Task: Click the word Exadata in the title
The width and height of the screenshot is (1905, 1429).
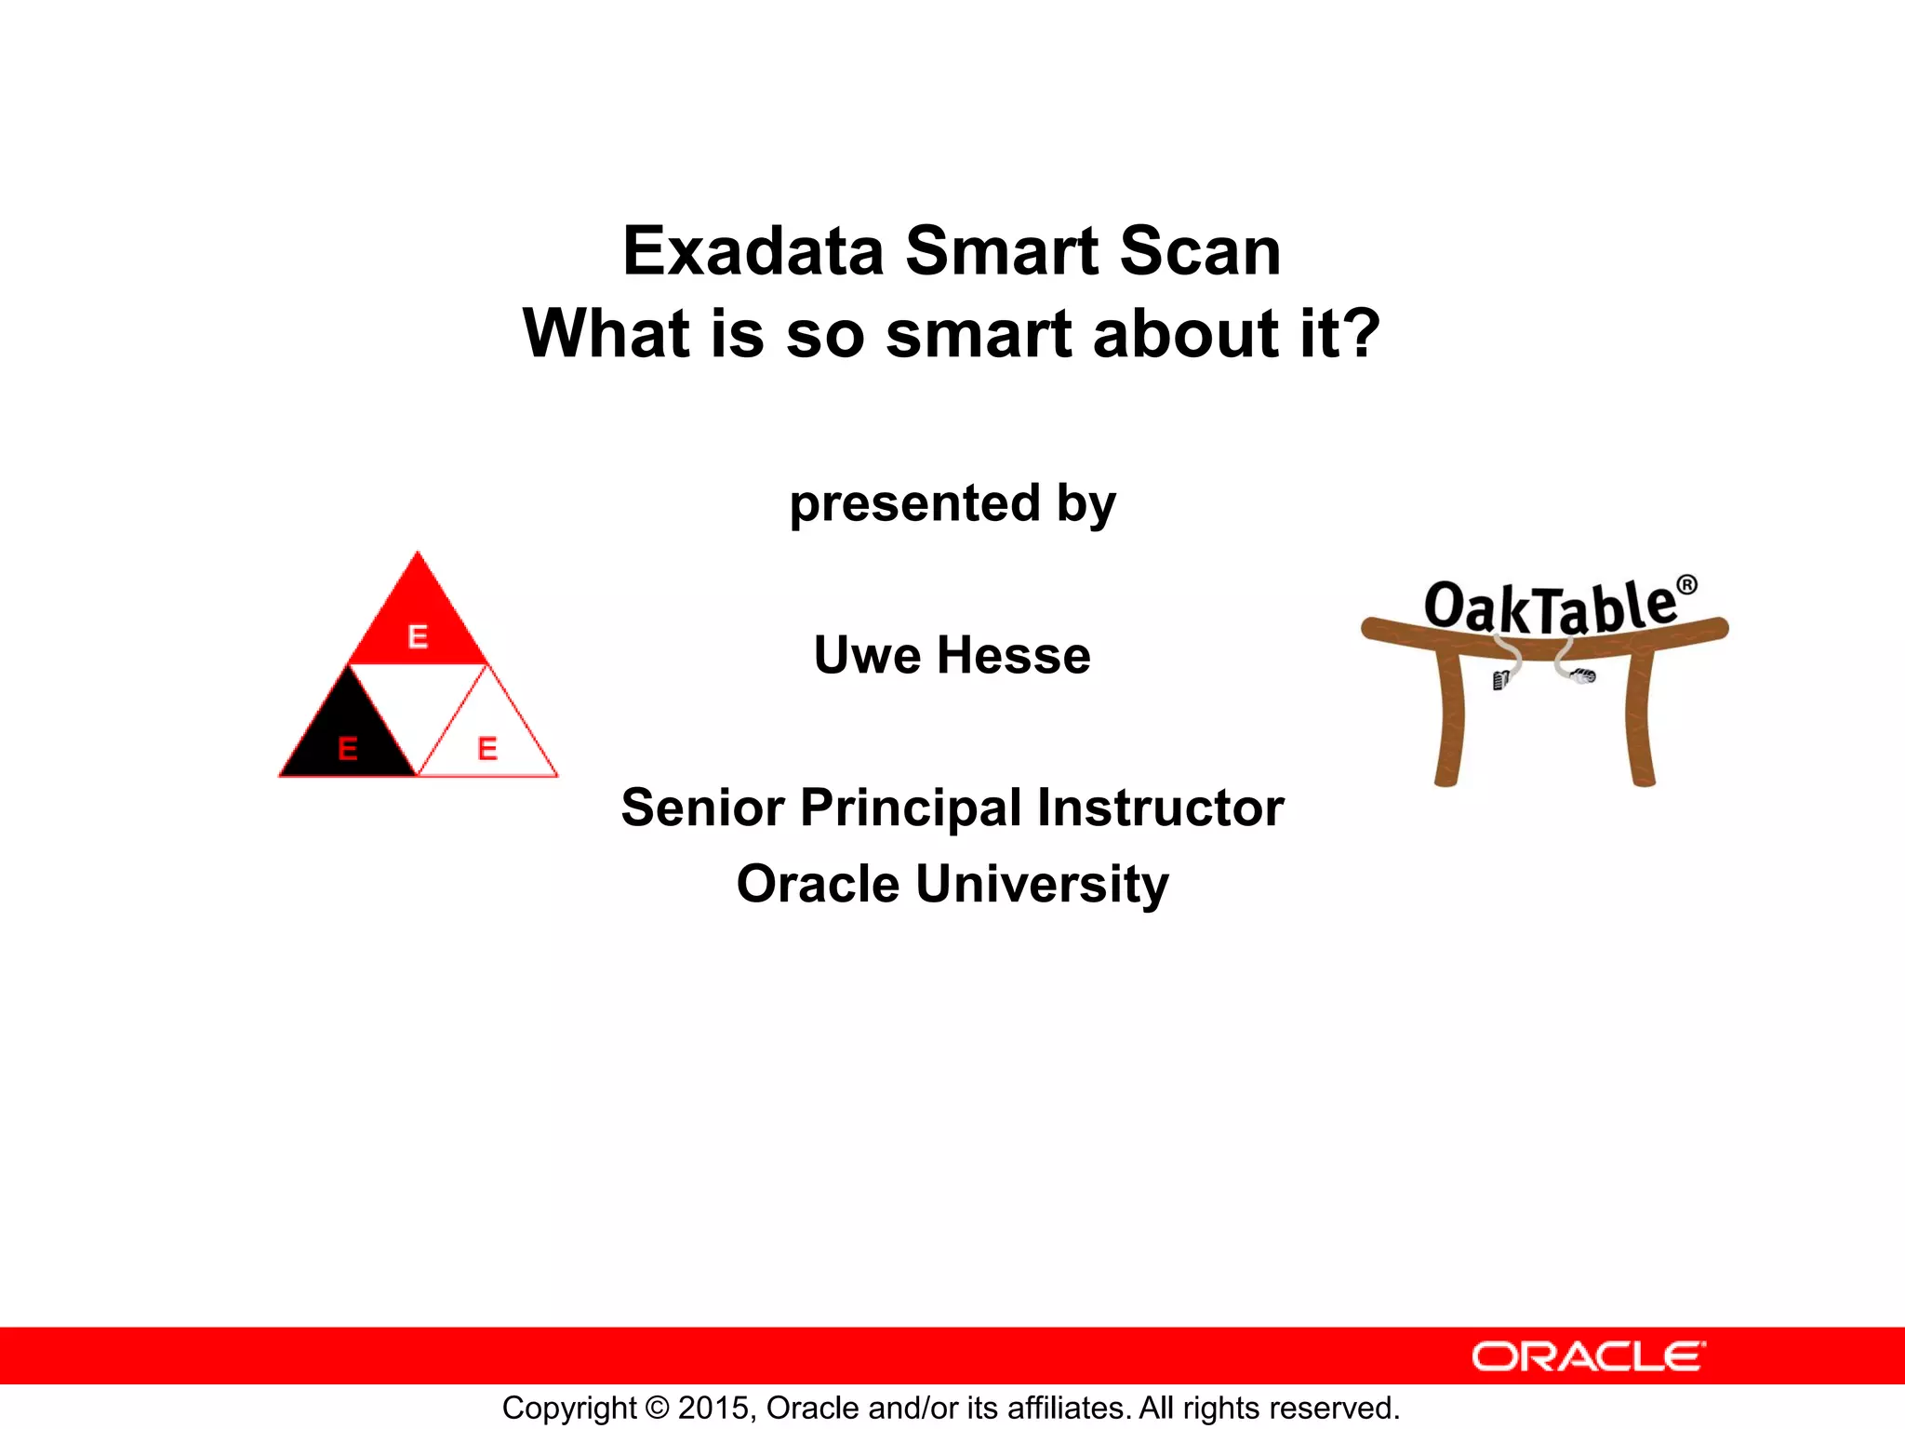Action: (752, 251)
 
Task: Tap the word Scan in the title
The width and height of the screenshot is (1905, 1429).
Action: (1200, 251)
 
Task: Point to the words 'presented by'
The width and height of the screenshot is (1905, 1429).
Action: (952, 503)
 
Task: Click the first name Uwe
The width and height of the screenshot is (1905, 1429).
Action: (867, 655)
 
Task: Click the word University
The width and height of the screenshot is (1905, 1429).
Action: (1043, 884)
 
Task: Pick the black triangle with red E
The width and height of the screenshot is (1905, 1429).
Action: (347, 740)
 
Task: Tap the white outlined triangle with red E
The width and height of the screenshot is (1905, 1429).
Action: (487, 740)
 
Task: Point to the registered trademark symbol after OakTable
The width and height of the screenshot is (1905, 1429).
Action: (1686, 585)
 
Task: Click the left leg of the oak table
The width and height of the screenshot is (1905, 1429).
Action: (1448, 721)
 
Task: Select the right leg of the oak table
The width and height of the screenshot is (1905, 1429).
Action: (1641, 721)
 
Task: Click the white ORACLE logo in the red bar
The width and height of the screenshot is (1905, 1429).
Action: (1588, 1356)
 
